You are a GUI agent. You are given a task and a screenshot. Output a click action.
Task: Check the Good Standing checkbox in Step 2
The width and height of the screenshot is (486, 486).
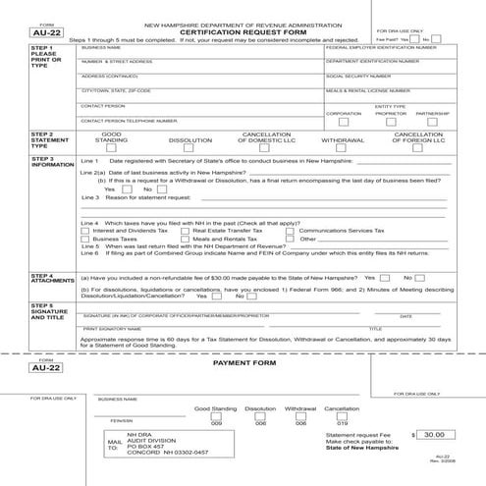point(113,149)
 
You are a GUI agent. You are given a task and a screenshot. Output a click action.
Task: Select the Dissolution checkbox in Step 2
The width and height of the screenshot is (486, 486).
point(189,149)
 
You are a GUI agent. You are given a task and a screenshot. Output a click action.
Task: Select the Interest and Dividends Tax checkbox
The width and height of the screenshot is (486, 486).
point(84,230)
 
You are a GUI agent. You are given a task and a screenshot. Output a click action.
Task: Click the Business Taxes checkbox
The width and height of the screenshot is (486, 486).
point(84,238)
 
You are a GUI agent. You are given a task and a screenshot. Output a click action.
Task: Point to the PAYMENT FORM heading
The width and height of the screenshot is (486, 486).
point(242,363)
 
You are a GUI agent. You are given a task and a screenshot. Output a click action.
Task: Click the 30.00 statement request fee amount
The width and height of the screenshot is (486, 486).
point(433,432)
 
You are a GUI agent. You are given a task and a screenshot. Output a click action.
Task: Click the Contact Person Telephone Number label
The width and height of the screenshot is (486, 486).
point(129,120)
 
